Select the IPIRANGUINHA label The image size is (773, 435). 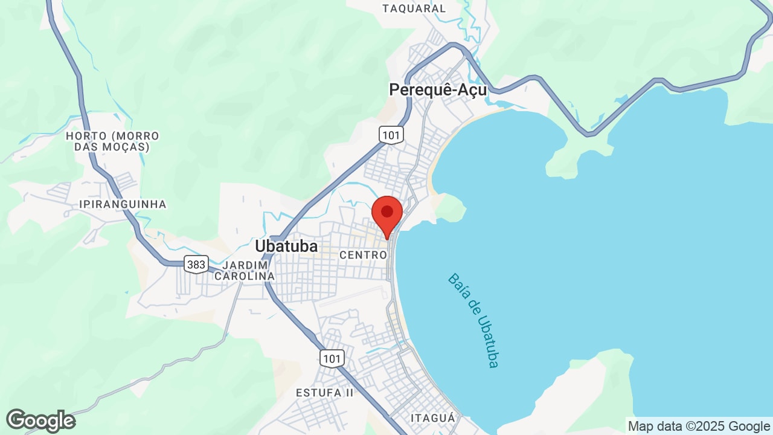(123, 204)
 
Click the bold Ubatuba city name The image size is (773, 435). (286, 246)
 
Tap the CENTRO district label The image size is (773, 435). (363, 256)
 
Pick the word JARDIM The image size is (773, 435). (245, 265)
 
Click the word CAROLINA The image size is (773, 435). (245, 276)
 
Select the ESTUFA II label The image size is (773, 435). (324, 393)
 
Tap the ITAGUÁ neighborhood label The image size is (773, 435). (433, 418)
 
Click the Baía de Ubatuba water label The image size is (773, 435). (473, 320)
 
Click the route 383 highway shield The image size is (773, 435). (196, 264)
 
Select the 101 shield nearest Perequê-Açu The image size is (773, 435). (391, 134)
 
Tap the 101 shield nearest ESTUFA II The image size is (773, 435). (332, 358)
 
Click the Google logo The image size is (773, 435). (40, 420)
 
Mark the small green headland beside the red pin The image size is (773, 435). (451, 208)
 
